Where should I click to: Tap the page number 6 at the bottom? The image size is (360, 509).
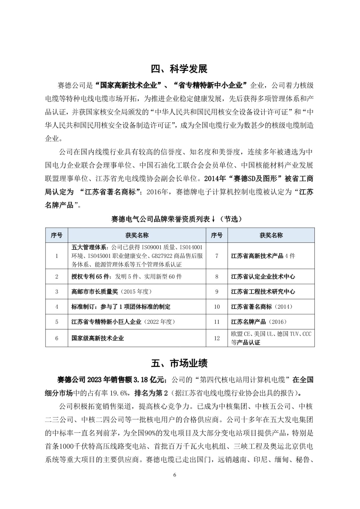(174, 475)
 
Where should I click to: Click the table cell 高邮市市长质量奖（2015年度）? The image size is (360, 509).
(111, 291)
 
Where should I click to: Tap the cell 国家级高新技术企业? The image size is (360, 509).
(97, 338)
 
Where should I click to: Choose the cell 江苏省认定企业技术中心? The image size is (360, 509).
(263, 276)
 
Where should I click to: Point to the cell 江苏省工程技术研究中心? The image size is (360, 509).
(263, 291)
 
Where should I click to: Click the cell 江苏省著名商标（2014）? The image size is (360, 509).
(261, 307)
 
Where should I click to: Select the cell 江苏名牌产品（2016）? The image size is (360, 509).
(258, 322)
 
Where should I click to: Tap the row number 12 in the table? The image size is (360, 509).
(217, 338)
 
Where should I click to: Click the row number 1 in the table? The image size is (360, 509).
(57, 256)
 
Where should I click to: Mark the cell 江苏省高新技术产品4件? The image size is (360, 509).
(263, 256)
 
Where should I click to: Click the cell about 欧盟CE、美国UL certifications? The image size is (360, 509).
(271, 338)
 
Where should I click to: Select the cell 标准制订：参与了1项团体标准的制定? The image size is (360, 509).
(121, 307)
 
